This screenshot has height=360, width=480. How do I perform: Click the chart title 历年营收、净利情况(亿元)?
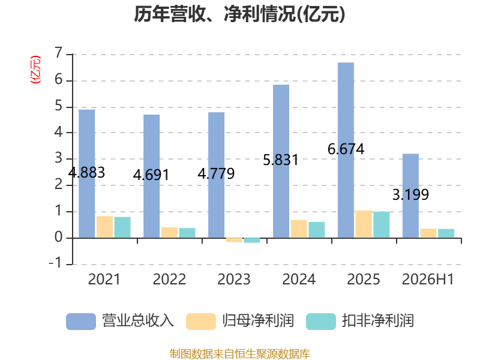[239, 14]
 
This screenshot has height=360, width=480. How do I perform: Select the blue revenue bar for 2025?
[346, 150]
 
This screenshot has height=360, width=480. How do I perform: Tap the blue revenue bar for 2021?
[86, 173]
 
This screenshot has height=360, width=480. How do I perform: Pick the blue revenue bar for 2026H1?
[410, 196]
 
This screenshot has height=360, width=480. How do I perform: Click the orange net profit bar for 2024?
[299, 229]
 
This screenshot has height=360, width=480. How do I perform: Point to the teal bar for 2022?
[187, 233]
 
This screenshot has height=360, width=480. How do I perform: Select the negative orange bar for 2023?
[234, 240]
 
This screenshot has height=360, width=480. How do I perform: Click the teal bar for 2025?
[382, 224]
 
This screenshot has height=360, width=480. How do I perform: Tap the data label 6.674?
[346, 149]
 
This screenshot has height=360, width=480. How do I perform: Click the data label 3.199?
[410, 194]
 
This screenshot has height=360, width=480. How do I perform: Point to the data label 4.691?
[151, 175]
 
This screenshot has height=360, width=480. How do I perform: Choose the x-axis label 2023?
[234, 279]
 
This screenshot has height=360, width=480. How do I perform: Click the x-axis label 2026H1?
[428, 279]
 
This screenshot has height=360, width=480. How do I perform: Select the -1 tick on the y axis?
[56, 263]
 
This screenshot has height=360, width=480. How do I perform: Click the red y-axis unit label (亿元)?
[35, 70]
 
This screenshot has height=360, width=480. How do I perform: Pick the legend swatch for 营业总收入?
[81, 322]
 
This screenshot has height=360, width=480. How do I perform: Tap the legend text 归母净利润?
[258, 321]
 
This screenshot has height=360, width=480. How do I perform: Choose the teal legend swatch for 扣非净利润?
[321, 322]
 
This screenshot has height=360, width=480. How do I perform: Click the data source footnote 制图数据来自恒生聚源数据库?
[239, 354]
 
